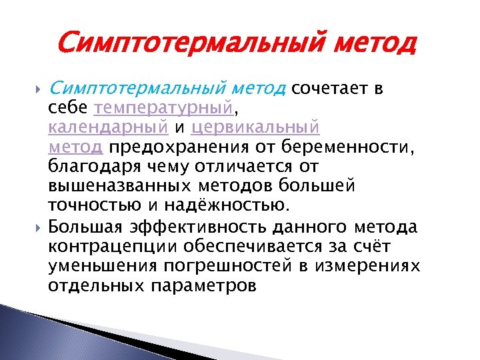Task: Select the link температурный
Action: pos(164,108)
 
